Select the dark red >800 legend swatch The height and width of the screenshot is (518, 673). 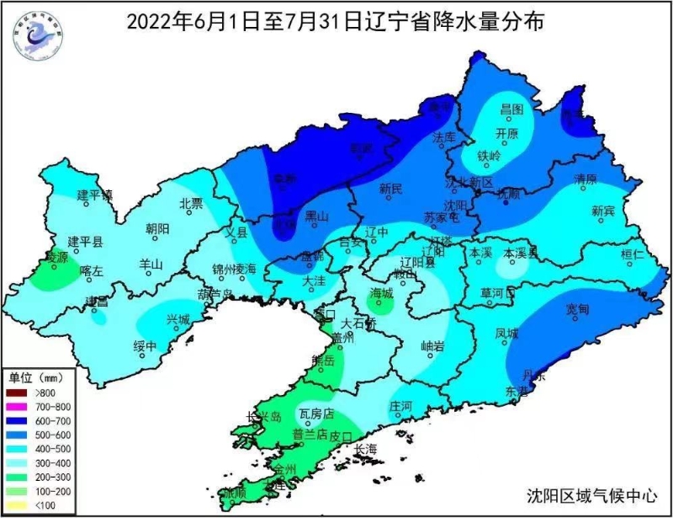point(18,393)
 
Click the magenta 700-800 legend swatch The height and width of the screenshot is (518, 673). point(18,407)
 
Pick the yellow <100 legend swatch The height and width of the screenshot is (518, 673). point(18,504)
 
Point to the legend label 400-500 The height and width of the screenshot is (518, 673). point(50,449)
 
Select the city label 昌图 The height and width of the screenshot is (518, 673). point(511,109)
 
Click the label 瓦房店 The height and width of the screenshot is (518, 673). point(316,414)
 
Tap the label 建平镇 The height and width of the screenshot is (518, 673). point(95,195)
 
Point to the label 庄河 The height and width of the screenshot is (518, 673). point(400,405)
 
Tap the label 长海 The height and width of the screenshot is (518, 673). point(367,449)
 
